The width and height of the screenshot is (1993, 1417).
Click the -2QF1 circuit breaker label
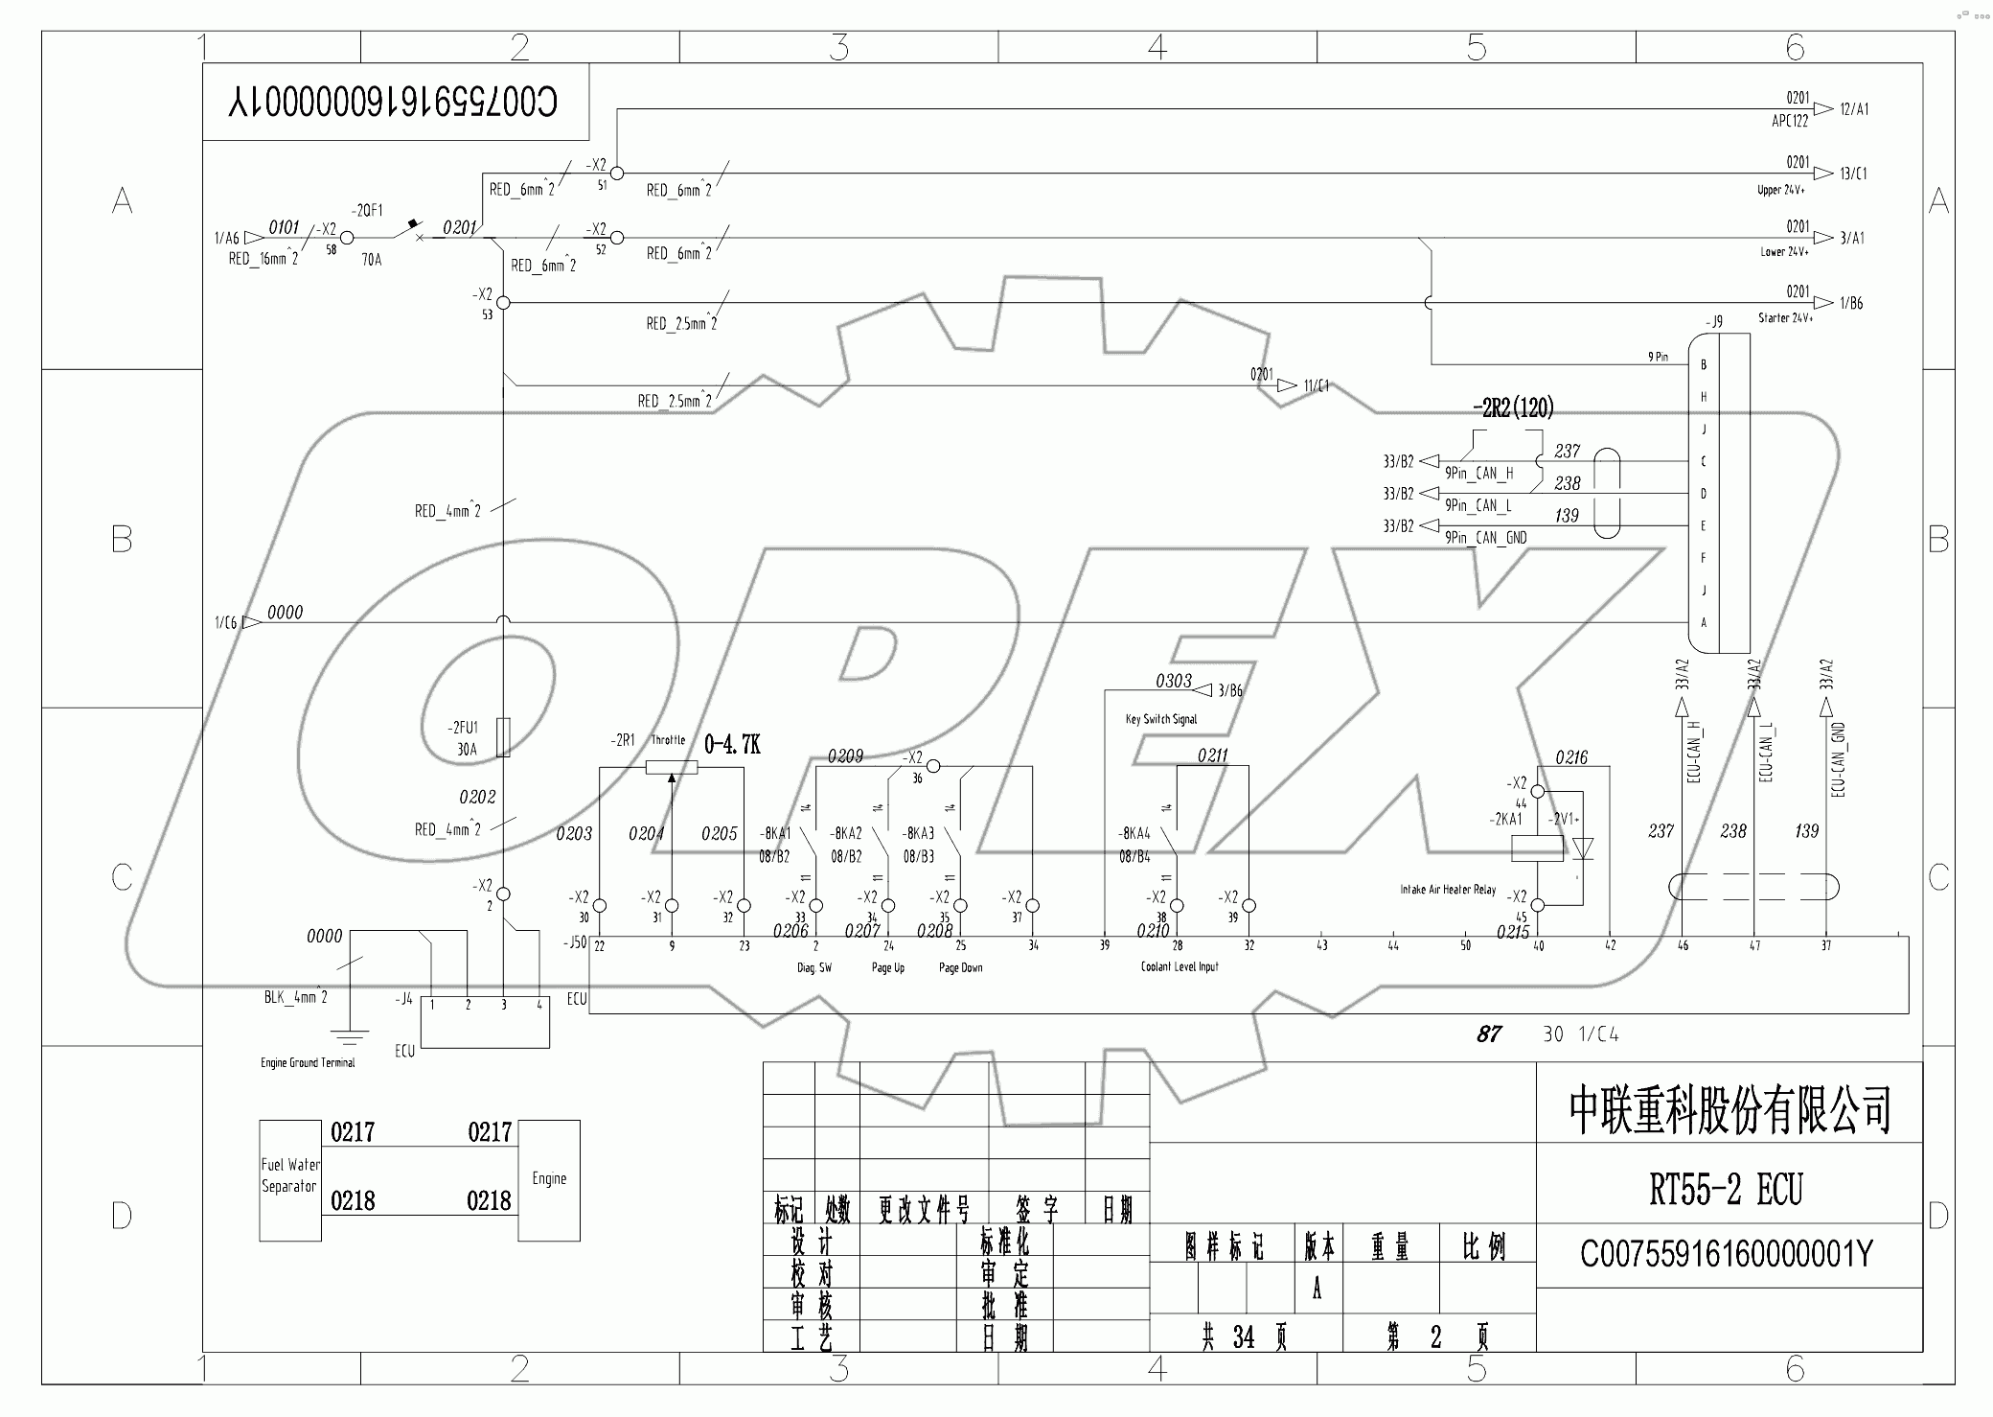click(367, 211)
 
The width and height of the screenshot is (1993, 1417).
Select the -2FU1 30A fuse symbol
click(503, 737)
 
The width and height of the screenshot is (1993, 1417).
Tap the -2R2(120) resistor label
click(1513, 407)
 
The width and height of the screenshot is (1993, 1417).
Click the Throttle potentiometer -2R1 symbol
click(671, 767)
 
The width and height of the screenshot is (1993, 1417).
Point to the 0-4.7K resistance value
click(732, 744)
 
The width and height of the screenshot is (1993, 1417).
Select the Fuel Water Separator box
click(289, 1179)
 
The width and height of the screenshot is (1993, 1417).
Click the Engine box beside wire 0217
click(549, 1179)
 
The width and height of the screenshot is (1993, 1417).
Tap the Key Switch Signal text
click(1160, 719)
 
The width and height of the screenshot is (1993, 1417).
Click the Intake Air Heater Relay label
click(1447, 890)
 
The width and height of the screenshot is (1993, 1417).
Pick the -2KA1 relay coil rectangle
click(1537, 848)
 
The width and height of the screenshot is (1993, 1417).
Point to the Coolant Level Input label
click(1179, 966)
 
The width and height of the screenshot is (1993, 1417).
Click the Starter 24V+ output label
click(1784, 317)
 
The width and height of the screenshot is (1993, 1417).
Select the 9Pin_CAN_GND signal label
click(1485, 538)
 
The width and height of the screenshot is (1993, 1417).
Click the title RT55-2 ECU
click(1726, 1191)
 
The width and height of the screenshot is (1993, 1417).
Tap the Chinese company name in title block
click(1730, 1110)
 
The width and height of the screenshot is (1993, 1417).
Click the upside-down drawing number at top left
click(393, 102)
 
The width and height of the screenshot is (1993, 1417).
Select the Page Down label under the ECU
click(960, 967)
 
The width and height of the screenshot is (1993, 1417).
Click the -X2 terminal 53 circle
click(503, 303)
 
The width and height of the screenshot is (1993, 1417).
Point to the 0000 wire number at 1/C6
click(285, 612)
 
